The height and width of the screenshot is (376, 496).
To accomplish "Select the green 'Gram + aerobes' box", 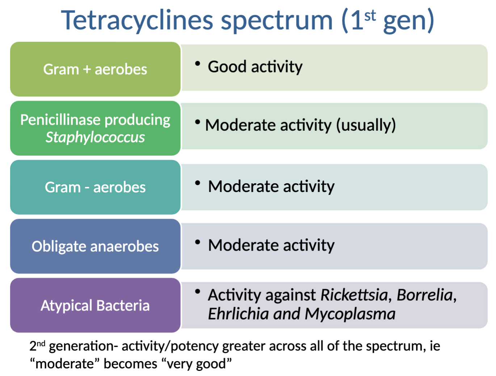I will [x=95, y=69].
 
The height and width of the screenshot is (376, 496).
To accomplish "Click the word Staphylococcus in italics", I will [x=95, y=137].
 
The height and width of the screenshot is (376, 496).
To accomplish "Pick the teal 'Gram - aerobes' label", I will [x=95, y=187].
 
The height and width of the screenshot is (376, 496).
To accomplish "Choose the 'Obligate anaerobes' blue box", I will [x=95, y=246].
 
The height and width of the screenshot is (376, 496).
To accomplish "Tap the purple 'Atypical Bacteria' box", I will [x=95, y=305].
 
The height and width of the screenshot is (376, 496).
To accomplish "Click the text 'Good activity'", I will [x=255, y=67].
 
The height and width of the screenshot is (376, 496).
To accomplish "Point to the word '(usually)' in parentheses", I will [x=366, y=125].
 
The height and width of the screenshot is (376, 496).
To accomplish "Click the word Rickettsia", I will [x=354, y=295].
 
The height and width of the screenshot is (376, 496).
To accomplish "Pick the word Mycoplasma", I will [x=350, y=314].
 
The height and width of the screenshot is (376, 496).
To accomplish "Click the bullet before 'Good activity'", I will [x=197, y=64].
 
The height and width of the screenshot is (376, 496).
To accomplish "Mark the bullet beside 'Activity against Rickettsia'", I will [x=197, y=291].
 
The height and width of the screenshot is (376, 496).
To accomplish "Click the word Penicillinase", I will [x=60, y=120].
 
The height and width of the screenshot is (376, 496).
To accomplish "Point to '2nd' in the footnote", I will [x=37, y=346].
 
